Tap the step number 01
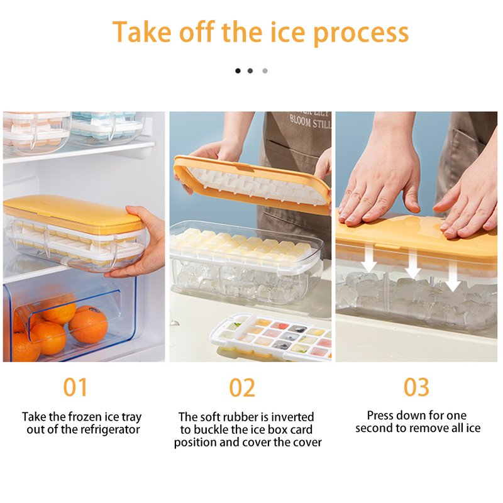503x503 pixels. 75,387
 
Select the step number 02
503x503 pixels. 242,387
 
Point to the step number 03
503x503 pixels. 416,387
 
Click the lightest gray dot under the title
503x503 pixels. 265,70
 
